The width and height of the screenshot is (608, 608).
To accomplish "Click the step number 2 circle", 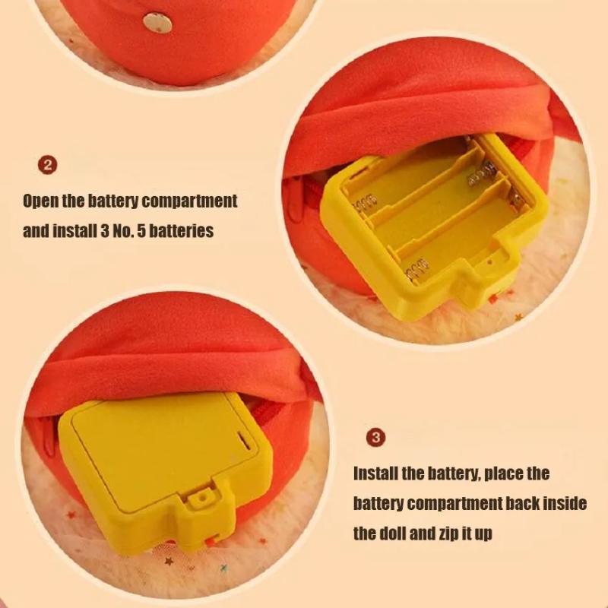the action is [x=47, y=166].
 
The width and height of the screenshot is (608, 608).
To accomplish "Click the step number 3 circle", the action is [x=375, y=438].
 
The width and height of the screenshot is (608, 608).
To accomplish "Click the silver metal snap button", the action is [x=157, y=23].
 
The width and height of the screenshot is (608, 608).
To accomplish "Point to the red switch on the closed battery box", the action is [x=211, y=541].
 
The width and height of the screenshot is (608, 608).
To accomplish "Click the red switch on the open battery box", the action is [x=493, y=299].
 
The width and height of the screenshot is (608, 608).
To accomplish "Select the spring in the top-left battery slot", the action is [x=364, y=204].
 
